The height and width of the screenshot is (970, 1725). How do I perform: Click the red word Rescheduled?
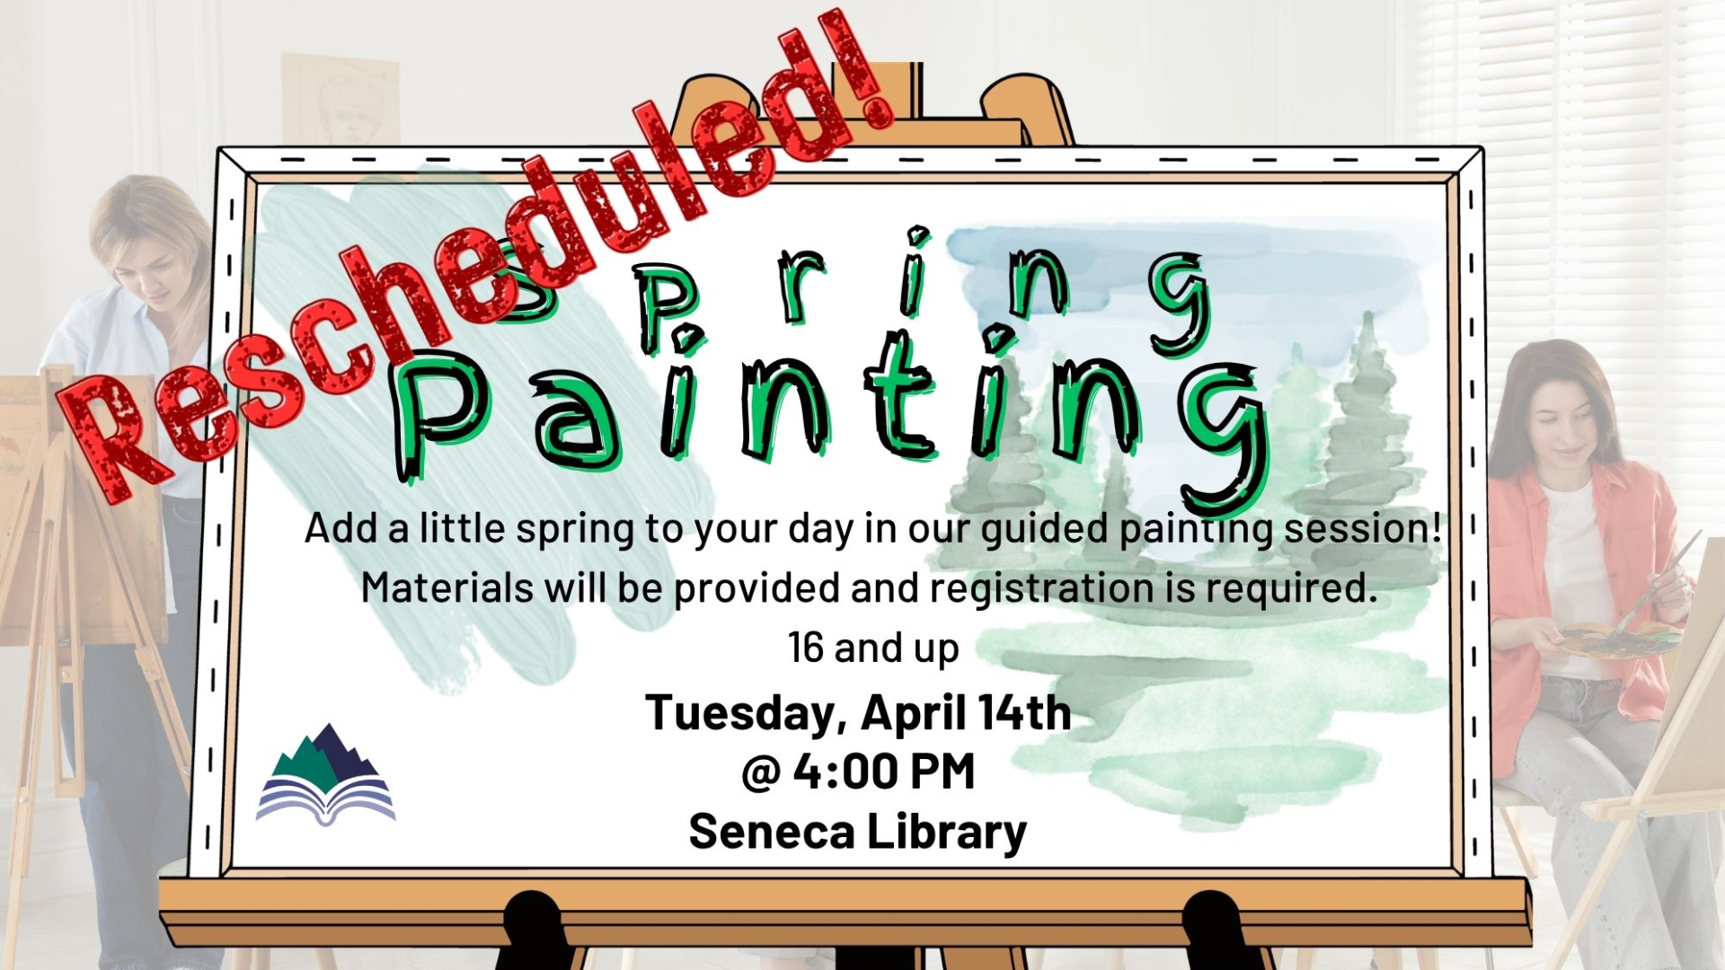click(x=476, y=260)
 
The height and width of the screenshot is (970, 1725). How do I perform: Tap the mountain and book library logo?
click(x=325, y=774)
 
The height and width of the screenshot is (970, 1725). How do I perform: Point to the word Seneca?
click(x=771, y=832)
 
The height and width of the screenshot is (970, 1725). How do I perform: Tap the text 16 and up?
click(x=873, y=648)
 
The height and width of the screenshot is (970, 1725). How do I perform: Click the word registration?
click(x=1042, y=589)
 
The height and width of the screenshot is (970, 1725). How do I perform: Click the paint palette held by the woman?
click(x=1617, y=639)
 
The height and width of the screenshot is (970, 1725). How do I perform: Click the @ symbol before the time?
click(x=760, y=772)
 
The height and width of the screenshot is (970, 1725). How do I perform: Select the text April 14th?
click(x=966, y=713)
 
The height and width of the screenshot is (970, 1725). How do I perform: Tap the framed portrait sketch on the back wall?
click(x=341, y=99)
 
